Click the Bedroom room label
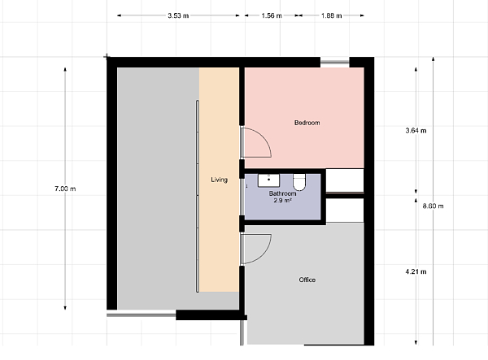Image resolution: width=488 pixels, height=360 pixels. point(307,123)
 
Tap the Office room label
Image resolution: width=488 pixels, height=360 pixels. point(307,280)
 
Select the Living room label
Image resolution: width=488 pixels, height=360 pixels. point(219,180)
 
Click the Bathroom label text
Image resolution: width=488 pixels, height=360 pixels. point(282,193)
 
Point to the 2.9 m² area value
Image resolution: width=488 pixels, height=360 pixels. point(282,201)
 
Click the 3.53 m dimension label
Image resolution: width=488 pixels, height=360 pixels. point(178,15)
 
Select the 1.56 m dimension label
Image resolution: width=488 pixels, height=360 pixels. point(272,15)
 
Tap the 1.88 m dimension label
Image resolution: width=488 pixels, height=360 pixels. point(332,15)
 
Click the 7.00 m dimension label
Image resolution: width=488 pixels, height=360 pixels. point(65,189)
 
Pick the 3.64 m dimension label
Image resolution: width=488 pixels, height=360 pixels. point(416,131)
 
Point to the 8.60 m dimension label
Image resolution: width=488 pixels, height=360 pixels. point(433,206)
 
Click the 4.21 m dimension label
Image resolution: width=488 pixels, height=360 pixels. point(416,271)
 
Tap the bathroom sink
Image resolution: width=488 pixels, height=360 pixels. point(268,180)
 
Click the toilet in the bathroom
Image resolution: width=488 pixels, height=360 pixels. point(299,182)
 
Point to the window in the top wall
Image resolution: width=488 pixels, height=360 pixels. point(335,63)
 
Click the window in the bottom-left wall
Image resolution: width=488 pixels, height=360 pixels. point(142,315)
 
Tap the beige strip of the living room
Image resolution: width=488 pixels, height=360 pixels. point(219,180)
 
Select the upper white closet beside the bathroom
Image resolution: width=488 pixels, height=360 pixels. point(345,180)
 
